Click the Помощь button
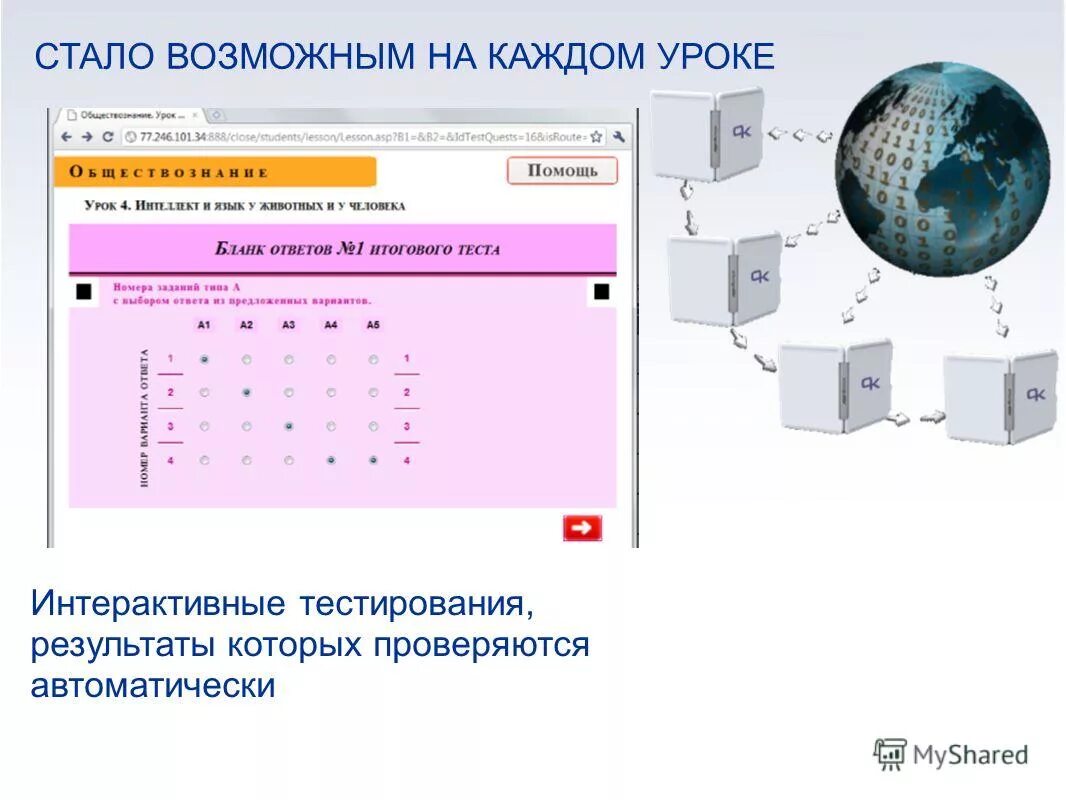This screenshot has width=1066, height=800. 562,171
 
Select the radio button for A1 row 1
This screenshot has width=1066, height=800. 204,359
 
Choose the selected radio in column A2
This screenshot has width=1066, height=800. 246,393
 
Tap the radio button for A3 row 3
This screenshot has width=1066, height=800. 289,427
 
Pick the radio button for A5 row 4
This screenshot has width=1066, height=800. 373,461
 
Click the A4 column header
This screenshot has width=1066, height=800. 331,325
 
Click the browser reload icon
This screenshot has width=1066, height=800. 107,137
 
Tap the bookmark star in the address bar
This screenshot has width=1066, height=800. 596,137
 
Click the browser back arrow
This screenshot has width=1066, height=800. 66,137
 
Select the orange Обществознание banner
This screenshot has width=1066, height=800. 215,172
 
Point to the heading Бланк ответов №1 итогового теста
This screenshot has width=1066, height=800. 357,249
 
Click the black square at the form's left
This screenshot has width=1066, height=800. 84,292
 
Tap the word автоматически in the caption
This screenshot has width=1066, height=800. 152,686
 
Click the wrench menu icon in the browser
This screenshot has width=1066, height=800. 620,137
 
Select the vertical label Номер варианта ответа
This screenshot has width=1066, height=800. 145,418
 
